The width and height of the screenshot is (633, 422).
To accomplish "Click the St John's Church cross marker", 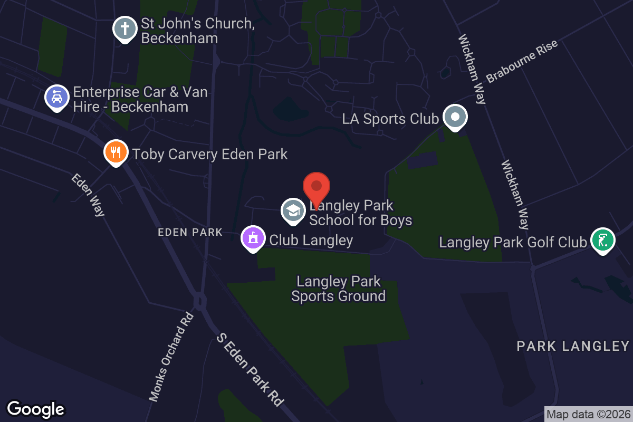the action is pyautogui.click(x=125, y=29).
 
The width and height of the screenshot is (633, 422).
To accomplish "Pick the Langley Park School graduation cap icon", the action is pyautogui.click(x=292, y=210).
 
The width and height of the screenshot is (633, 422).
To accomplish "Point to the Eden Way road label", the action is pyautogui.click(x=88, y=195).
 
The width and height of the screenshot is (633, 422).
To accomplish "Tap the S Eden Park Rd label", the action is pyautogui.click(x=248, y=369).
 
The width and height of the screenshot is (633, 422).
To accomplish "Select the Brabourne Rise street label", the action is pyautogui.click(x=514, y=68).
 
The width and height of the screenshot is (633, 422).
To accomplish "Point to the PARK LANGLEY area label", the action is pyautogui.click(x=573, y=346).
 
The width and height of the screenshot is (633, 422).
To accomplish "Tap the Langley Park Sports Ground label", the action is pyautogui.click(x=338, y=289).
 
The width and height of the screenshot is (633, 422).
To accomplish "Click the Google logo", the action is pyautogui.click(x=35, y=409).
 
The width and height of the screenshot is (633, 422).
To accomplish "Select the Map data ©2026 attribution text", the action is pyautogui.click(x=588, y=414).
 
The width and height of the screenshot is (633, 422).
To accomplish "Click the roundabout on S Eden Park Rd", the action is pyautogui.click(x=199, y=302).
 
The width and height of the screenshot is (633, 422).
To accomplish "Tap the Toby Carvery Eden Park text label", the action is pyautogui.click(x=210, y=154).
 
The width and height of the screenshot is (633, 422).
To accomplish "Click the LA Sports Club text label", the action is pyautogui.click(x=390, y=119).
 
